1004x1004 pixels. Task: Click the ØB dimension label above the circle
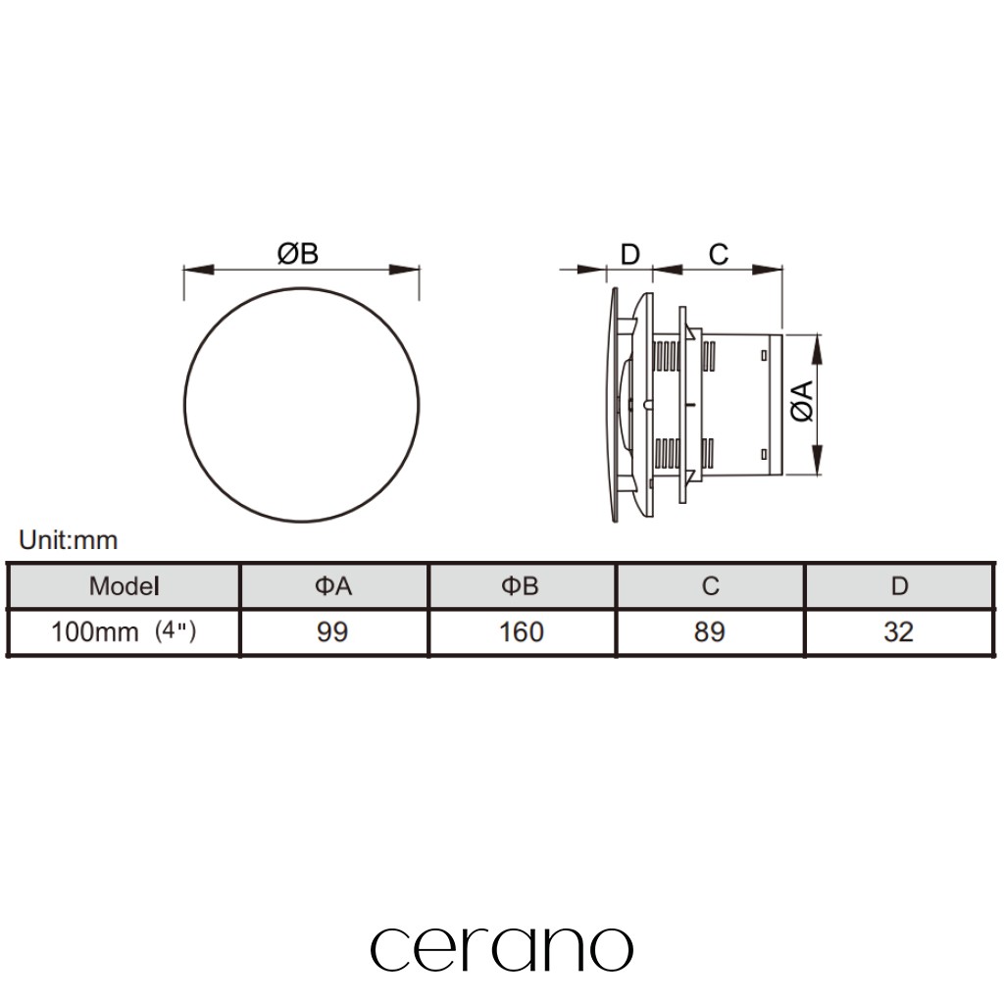[x=298, y=254]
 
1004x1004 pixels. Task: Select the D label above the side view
[x=630, y=255]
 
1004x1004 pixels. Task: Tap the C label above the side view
[x=719, y=255]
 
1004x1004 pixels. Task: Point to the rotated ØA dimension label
[x=802, y=401]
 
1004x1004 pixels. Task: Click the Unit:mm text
[x=69, y=540]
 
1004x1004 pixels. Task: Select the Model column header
[x=125, y=586]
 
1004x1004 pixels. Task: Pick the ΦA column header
[x=333, y=586]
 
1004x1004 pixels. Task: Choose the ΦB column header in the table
[x=520, y=586]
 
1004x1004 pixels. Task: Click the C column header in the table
[x=710, y=586]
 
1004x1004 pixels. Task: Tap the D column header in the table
[x=900, y=586]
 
